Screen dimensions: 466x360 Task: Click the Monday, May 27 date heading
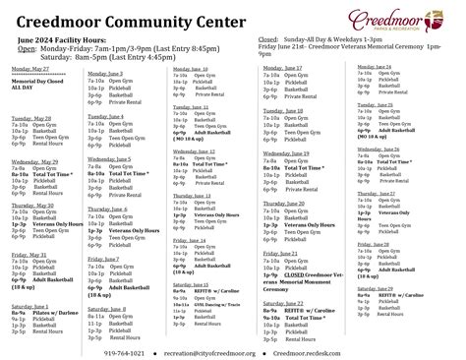click(x=31, y=70)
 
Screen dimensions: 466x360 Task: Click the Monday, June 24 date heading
click(x=371, y=66)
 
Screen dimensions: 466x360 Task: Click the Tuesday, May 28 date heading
click(x=32, y=117)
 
